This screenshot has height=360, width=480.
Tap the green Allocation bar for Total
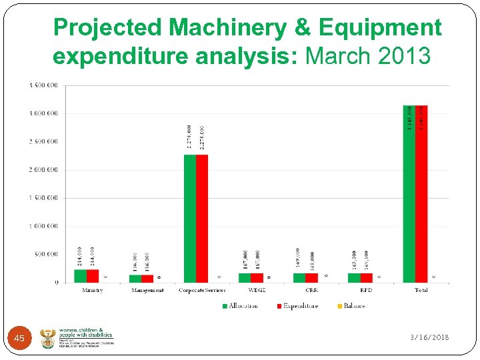409,193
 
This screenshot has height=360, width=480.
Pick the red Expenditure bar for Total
421,193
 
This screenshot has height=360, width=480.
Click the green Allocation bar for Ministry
80,275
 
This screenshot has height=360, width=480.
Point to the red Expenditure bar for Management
147,278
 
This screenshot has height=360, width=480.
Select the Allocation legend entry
239,306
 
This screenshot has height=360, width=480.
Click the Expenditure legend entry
297,306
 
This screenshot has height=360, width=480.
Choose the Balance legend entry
350,306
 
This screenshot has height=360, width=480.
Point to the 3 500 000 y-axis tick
43,85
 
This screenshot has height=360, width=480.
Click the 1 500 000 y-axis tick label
43,198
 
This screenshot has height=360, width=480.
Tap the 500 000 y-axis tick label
46,254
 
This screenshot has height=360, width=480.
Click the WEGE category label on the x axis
257,291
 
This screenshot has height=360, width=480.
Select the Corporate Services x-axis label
202,291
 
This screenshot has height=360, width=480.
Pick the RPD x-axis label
366,291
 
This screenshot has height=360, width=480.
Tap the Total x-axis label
421,291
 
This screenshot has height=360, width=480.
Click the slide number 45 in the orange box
19,339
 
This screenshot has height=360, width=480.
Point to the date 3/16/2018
429,337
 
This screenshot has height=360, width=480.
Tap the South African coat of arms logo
49,338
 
